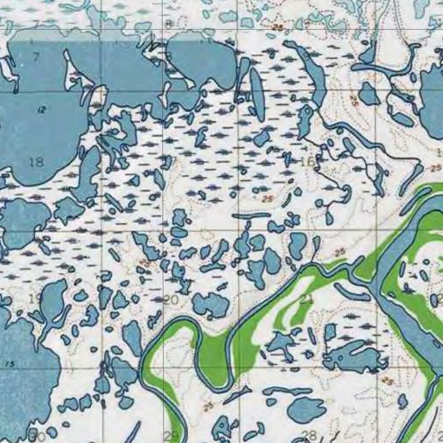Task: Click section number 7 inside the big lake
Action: tap(35, 58)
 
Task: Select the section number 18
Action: tap(37, 163)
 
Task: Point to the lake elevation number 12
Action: tap(42, 110)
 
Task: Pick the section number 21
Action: tap(306, 298)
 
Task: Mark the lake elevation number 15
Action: tap(10, 364)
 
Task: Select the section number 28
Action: tap(309, 435)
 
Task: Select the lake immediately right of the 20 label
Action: tap(211, 304)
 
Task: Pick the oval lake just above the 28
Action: tap(306, 409)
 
